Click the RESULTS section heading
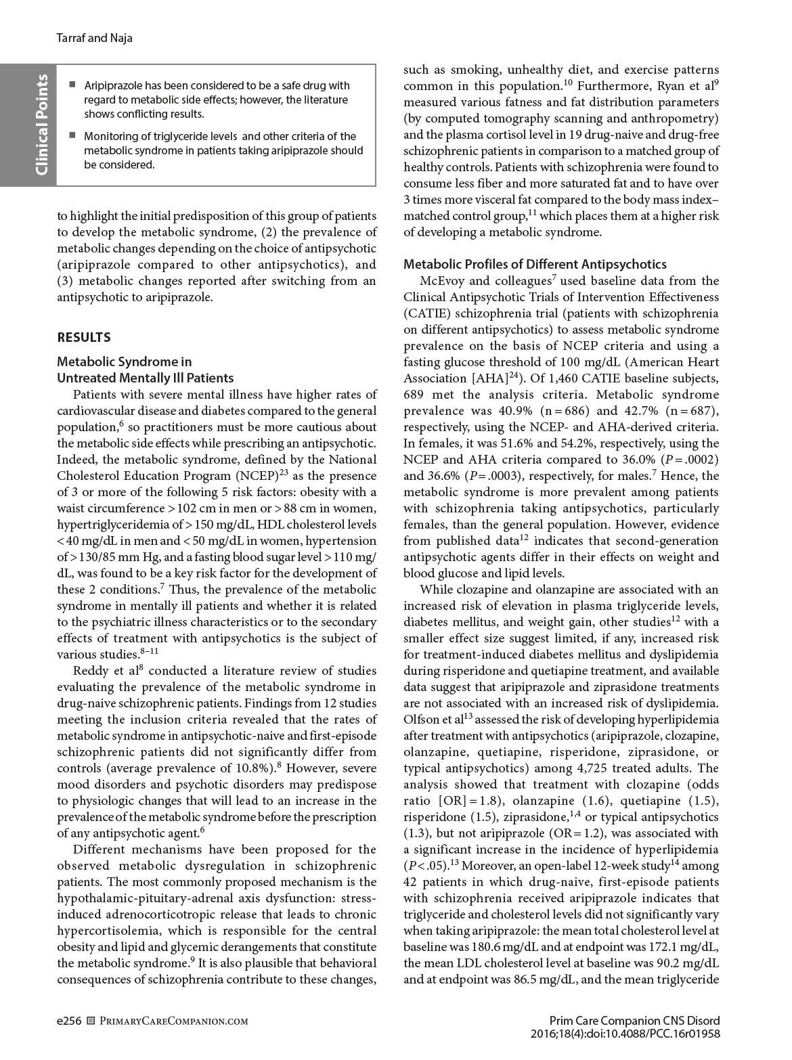tap(84, 337)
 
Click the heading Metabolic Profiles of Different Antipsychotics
tap(535, 264)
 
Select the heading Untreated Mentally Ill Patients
tap(145, 378)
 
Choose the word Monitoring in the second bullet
tap(112, 136)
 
